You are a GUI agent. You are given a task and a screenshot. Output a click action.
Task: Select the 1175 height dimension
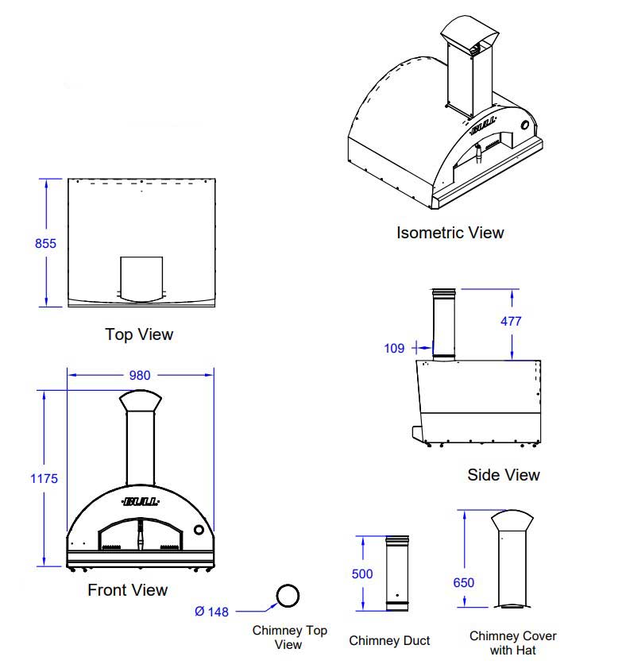coord(44,478)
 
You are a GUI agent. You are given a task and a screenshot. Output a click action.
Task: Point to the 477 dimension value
coord(510,322)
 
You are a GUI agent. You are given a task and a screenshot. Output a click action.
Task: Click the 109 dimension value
coord(394,348)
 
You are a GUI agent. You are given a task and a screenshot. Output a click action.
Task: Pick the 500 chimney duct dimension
coord(362,574)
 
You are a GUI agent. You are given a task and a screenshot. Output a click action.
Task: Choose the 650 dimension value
coord(463,582)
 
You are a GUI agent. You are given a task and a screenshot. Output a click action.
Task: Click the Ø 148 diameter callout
coord(211,611)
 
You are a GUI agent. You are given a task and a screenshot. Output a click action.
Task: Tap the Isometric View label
coord(450,233)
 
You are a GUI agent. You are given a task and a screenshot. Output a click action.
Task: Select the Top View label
coord(139,334)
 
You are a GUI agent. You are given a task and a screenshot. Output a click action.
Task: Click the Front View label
coord(128,590)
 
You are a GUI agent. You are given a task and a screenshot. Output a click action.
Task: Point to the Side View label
coord(503,475)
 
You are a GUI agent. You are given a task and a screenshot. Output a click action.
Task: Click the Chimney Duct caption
coord(389,641)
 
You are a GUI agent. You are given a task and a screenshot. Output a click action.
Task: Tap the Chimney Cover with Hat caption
coord(512,643)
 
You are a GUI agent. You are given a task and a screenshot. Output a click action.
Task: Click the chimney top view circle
coord(288,597)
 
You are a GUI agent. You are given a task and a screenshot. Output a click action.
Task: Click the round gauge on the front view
coord(199,530)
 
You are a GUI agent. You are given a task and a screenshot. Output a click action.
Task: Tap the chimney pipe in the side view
coord(443,326)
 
